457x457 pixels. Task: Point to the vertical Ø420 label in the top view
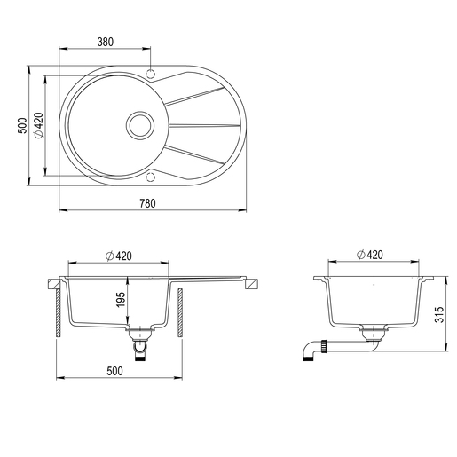(x=39, y=126)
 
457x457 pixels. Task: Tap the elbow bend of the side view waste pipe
(x=307, y=353)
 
